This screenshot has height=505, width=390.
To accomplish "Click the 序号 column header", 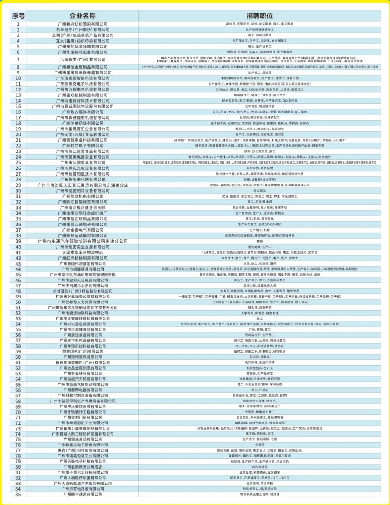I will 18,16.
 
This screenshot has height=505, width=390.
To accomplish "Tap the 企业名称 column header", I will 82,16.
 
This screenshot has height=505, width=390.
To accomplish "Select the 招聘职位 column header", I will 259,16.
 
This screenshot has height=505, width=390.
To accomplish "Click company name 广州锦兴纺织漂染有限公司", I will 82,24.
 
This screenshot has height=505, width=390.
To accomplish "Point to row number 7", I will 18,60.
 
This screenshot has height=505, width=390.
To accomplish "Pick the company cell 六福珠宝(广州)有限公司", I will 82,60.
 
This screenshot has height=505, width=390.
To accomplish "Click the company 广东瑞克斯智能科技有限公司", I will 82,78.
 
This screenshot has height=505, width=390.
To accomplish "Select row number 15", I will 18,106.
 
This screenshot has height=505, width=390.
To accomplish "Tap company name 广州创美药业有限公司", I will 82,123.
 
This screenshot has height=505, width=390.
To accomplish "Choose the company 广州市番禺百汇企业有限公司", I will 82,129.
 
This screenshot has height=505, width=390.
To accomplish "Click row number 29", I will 18,185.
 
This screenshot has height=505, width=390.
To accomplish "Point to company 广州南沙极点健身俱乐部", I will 82,207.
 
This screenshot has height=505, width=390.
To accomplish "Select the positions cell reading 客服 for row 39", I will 259,241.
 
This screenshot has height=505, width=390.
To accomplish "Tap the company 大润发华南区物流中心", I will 82,252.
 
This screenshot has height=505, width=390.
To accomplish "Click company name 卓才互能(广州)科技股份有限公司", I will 82,291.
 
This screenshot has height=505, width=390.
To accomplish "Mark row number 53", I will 18,319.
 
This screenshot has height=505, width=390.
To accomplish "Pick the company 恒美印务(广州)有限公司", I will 82,351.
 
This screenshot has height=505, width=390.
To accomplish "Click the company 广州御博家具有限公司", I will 82,357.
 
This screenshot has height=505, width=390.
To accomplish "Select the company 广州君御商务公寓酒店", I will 82,467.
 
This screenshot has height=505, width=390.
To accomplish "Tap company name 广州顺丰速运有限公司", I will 82,494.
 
